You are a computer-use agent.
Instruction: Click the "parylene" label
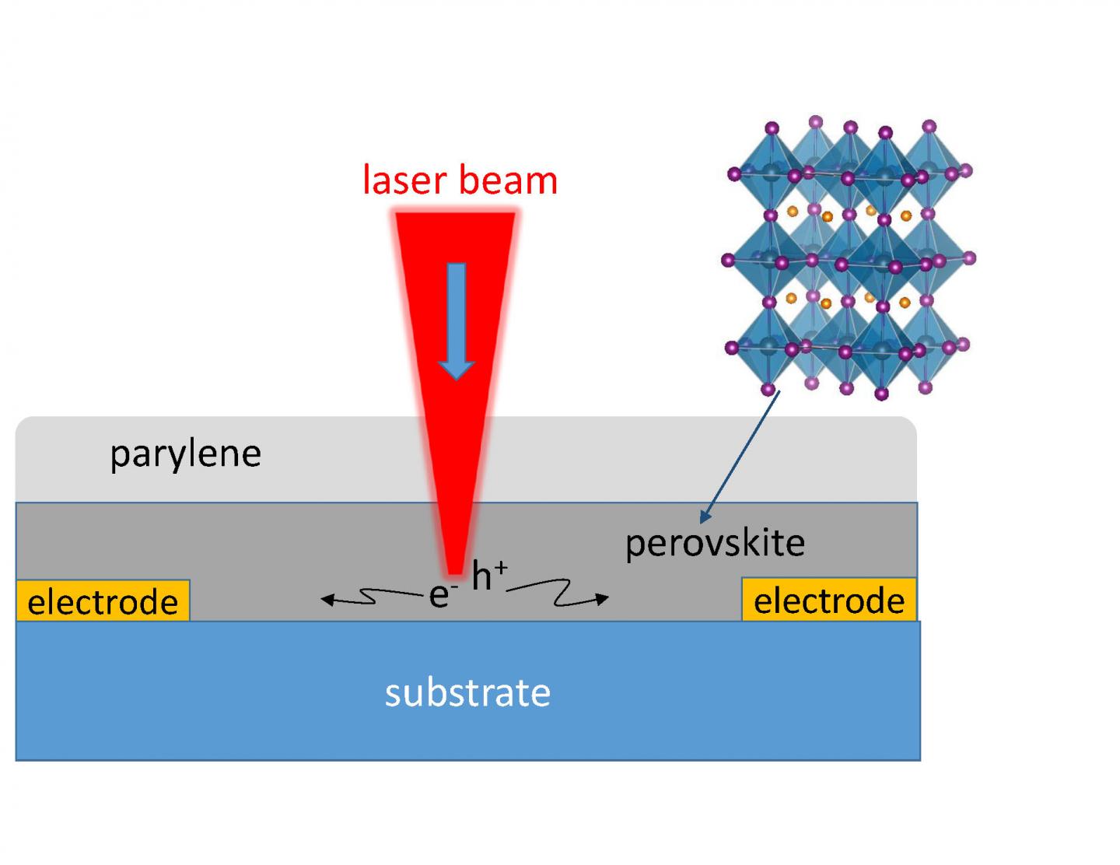tap(185, 454)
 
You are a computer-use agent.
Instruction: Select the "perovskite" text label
tap(715, 543)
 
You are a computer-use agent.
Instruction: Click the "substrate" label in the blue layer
tap(467, 692)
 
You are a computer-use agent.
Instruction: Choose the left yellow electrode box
tap(103, 601)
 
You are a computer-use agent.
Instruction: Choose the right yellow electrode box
tap(829, 600)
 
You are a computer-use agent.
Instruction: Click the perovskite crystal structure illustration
tap(849, 258)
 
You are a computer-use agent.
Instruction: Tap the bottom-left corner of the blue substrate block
tap(18, 758)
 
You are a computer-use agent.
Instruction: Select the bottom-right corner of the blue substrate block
tap(919, 758)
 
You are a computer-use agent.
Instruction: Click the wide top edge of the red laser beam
tap(455, 215)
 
